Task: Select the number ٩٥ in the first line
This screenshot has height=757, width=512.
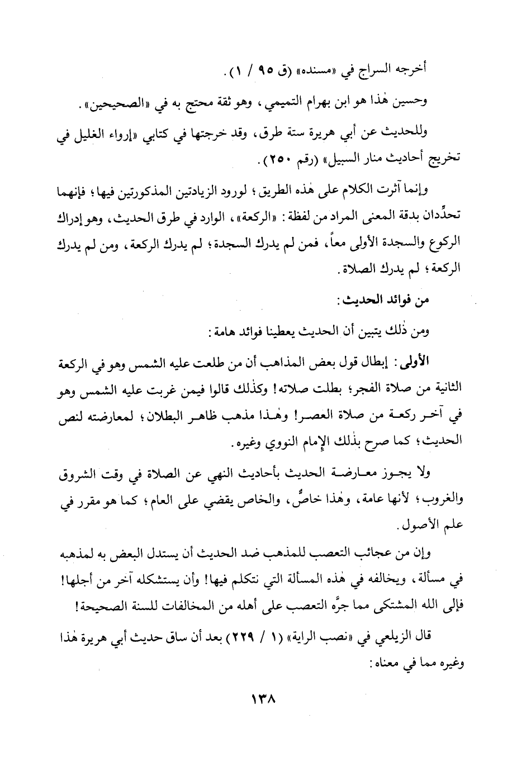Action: coord(250,70)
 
